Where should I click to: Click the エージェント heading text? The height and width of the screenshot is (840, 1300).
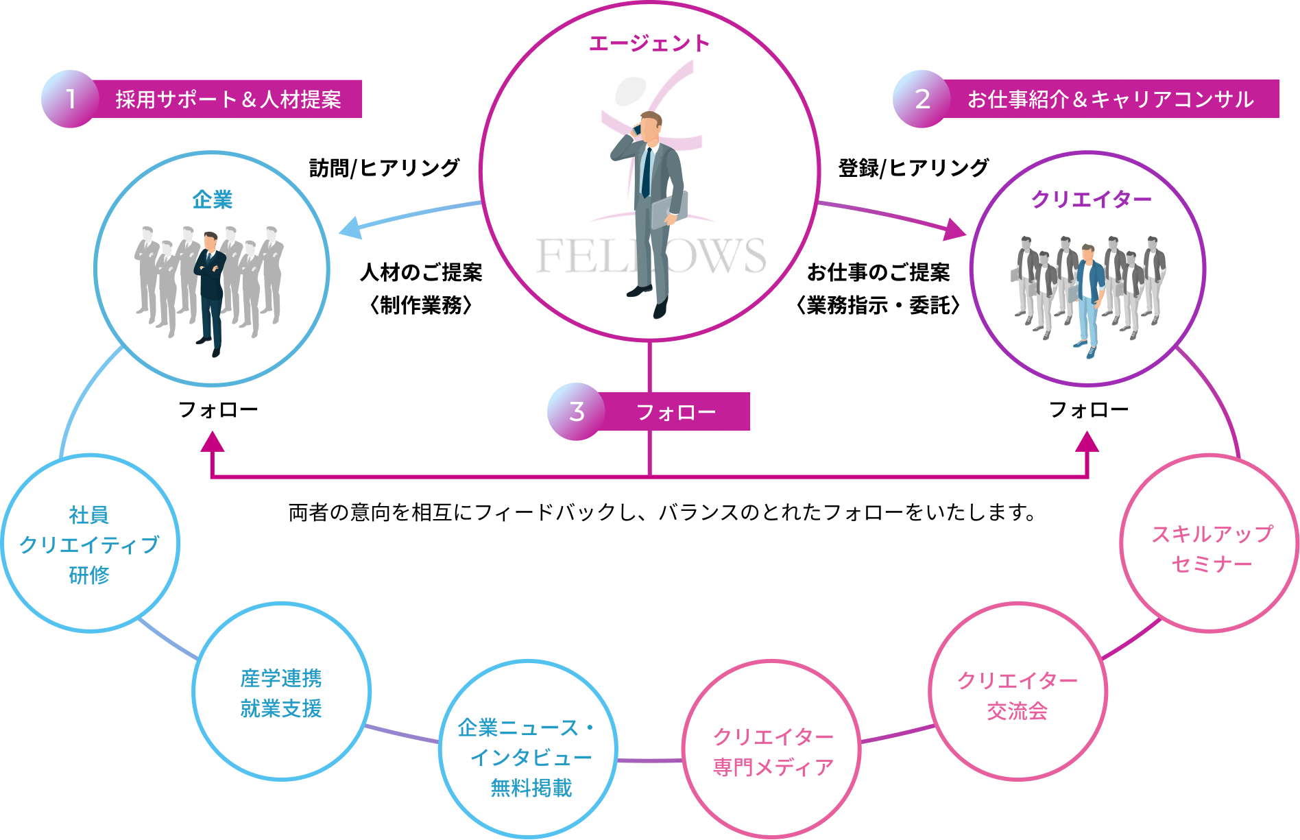pos(649,43)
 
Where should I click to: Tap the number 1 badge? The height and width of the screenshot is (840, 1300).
pos(70,99)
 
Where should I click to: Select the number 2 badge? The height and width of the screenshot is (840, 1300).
pos(922,99)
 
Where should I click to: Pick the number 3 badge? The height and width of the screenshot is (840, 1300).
pos(576,411)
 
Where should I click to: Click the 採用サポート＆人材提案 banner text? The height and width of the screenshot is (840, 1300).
pos(228,99)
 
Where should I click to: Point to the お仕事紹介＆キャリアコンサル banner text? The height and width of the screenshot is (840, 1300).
pos(1110,99)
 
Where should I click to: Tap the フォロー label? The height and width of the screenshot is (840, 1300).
pos(675,412)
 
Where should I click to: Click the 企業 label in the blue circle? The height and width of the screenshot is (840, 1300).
pos(213,200)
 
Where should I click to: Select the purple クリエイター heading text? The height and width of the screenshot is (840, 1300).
pos(1092,199)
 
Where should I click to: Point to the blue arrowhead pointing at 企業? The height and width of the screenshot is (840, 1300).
pos(350,228)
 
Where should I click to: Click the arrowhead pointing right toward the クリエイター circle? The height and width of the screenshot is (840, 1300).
pos(954,230)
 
